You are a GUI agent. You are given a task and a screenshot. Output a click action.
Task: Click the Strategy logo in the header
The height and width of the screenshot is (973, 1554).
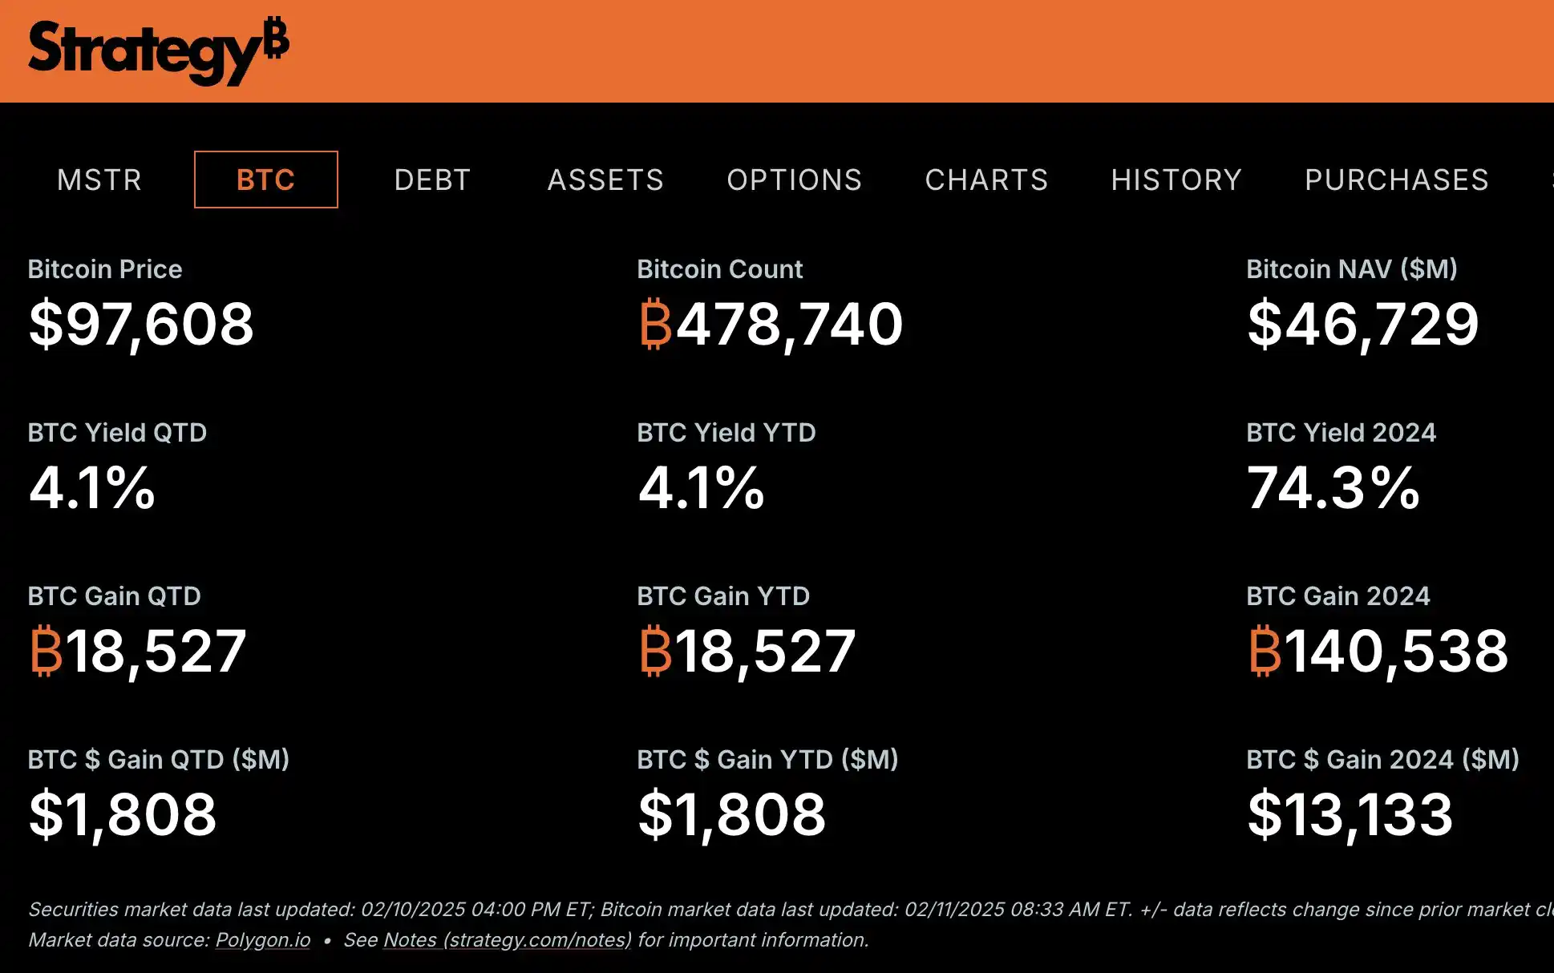158,50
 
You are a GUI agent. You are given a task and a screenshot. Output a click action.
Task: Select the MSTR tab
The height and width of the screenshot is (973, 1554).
99,180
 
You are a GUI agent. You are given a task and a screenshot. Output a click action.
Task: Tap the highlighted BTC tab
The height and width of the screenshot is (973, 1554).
266,180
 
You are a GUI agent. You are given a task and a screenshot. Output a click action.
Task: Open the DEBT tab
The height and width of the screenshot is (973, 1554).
432,180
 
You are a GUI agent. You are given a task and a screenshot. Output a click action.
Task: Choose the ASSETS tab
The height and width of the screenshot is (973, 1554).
605,180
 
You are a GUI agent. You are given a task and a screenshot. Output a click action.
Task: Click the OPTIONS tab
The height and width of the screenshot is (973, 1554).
794,180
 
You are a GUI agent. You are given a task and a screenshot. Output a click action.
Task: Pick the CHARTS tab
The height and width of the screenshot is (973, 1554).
986,180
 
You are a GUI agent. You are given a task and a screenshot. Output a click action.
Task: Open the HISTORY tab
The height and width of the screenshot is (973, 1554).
1176,180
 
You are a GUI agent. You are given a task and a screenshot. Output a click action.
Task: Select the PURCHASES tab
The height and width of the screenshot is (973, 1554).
1396,180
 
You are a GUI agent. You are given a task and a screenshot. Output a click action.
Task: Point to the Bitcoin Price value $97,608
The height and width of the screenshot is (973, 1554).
141,325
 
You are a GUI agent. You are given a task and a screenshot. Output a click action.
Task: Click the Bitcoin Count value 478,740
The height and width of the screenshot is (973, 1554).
790,325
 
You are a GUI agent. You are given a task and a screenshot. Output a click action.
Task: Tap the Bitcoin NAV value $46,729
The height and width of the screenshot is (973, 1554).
1362,325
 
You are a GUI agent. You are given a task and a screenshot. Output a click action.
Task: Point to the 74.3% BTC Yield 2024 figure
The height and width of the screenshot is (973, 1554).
1333,488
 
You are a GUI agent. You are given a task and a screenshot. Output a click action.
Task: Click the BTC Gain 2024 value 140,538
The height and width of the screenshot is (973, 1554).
1396,652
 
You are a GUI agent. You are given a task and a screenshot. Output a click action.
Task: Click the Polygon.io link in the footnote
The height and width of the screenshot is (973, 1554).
263,940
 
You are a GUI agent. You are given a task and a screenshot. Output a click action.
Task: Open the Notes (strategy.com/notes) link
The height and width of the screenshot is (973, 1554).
508,940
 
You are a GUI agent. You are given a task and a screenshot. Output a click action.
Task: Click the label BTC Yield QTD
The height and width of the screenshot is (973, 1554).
117,433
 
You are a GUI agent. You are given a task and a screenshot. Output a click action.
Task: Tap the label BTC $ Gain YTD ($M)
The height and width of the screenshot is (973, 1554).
767,760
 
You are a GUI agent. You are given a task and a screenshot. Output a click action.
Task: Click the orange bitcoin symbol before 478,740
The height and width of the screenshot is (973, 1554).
655,325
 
